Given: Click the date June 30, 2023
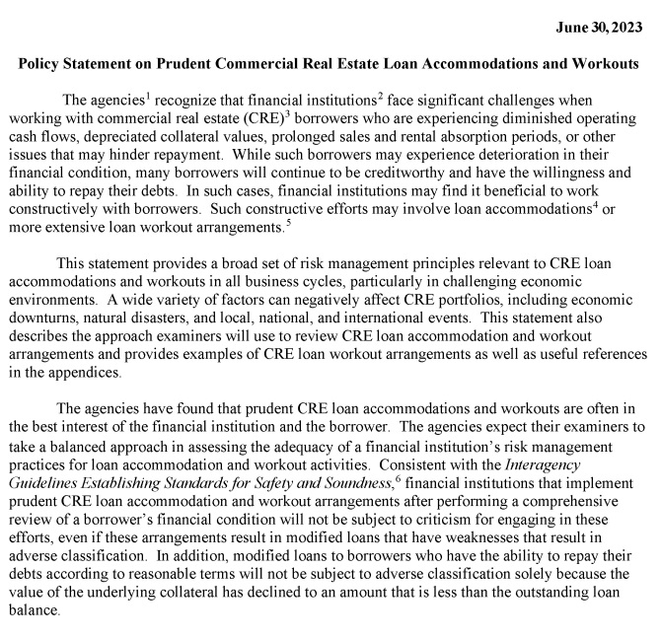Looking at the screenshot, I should (x=596, y=24).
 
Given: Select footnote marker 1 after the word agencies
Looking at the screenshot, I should (x=147, y=95).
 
